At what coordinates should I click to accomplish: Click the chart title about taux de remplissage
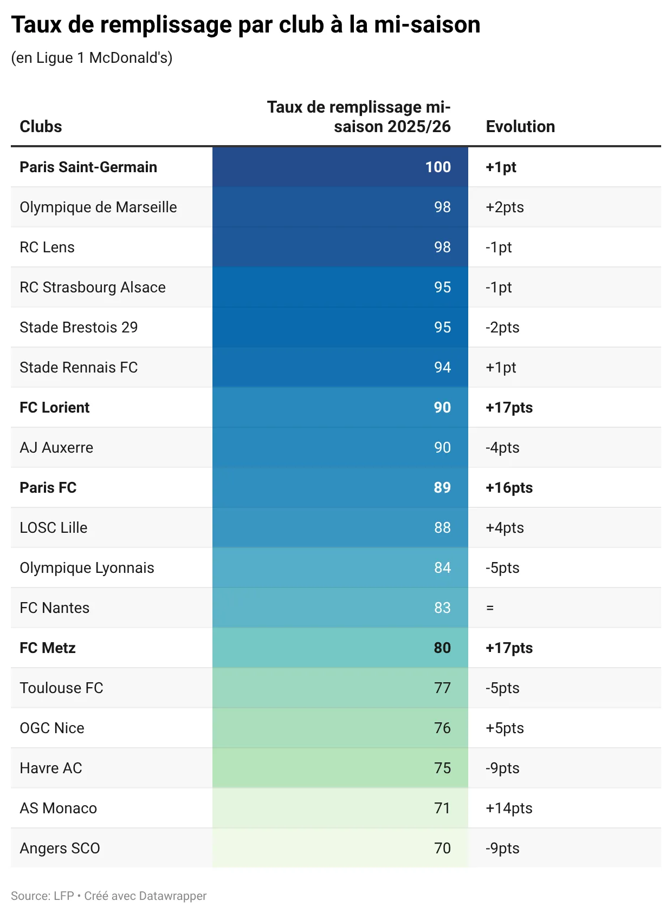tap(245, 25)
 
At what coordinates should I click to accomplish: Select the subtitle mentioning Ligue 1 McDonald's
tap(92, 57)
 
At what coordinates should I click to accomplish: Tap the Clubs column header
tap(41, 127)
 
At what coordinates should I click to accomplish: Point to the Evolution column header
tap(520, 127)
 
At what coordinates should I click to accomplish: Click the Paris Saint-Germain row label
tap(88, 167)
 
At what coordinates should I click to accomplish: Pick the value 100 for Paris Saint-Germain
tap(438, 167)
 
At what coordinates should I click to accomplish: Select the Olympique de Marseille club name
tap(98, 207)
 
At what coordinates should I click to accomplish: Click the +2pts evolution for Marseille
tap(505, 207)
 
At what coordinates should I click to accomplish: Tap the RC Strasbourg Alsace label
tap(93, 287)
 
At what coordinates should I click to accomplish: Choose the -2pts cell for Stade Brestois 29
tap(502, 327)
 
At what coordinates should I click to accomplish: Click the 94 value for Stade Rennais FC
tap(442, 367)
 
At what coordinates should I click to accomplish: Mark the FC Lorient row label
tap(55, 407)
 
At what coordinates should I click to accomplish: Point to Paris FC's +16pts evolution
tap(509, 487)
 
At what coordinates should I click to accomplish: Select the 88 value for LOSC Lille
tap(442, 527)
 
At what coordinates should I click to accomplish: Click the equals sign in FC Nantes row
tap(490, 608)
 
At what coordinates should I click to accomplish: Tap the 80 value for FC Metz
tap(442, 648)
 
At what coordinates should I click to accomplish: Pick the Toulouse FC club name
tap(61, 688)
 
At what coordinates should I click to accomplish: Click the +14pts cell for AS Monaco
tap(509, 808)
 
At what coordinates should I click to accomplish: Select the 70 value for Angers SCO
tap(442, 848)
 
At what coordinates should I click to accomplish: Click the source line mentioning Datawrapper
tap(108, 896)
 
